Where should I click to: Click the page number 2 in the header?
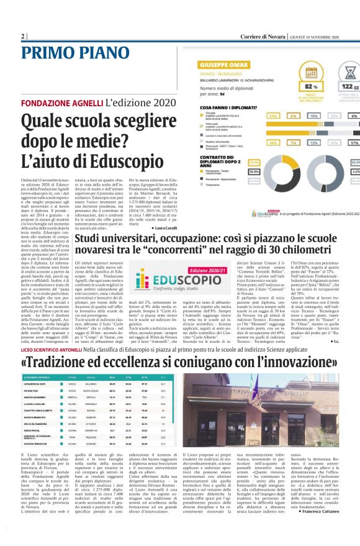(x=23, y=37)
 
